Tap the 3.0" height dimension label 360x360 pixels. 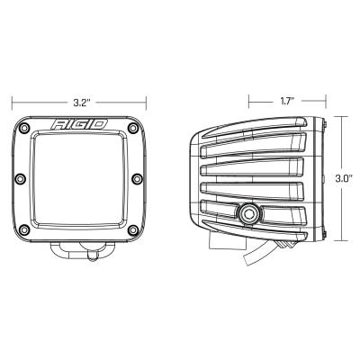coord(342,178)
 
